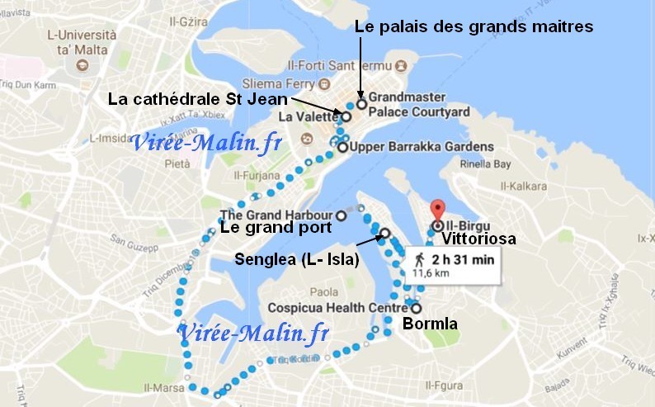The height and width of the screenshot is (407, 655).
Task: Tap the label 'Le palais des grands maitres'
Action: tap(474, 26)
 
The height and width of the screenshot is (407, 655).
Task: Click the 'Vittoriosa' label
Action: tap(478, 239)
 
